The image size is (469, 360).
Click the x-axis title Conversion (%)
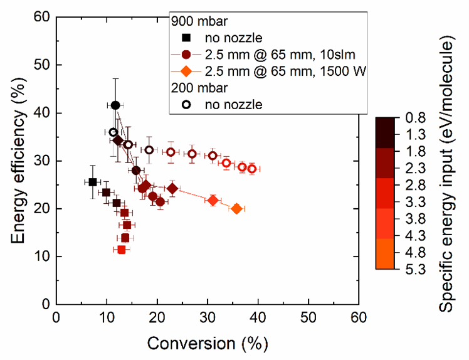pyautogui.click(x=207, y=343)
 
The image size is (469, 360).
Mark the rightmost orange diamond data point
pyautogui.click(x=236, y=209)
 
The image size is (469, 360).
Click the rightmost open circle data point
pyautogui.click(x=251, y=169)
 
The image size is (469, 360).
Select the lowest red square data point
pyautogui.click(x=122, y=250)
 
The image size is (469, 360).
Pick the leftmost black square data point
pyautogui.click(x=93, y=182)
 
